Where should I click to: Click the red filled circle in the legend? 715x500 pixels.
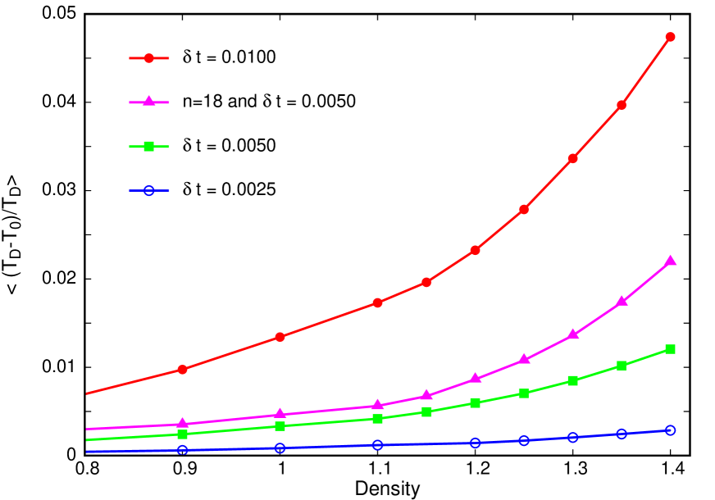tap(149, 58)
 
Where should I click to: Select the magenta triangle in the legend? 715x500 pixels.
tap(149, 102)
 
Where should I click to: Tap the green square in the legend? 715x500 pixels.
tap(149, 147)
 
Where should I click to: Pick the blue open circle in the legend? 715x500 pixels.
tap(149, 191)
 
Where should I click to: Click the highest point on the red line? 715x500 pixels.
tap(670, 37)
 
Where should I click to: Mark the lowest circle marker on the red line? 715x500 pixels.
tap(183, 370)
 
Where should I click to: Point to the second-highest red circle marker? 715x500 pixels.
tap(622, 105)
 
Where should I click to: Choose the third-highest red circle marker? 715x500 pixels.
tap(572, 158)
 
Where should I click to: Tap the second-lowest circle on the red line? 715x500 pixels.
tap(280, 337)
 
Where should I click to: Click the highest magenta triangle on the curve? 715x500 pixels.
tap(670, 261)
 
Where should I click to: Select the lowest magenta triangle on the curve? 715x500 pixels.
tap(183, 424)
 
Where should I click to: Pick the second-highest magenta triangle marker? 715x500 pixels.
tap(622, 301)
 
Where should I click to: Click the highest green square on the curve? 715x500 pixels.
tap(670, 349)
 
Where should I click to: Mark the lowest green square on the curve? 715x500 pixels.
tap(183, 434)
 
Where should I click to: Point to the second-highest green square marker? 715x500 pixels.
tap(622, 366)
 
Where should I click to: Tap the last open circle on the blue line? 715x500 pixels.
tap(670, 430)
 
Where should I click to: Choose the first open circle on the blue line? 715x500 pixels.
tap(183, 450)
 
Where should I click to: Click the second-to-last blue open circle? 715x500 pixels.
tap(622, 434)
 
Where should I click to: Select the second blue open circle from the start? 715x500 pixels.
tap(280, 448)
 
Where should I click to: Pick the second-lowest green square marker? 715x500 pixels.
tap(280, 426)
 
